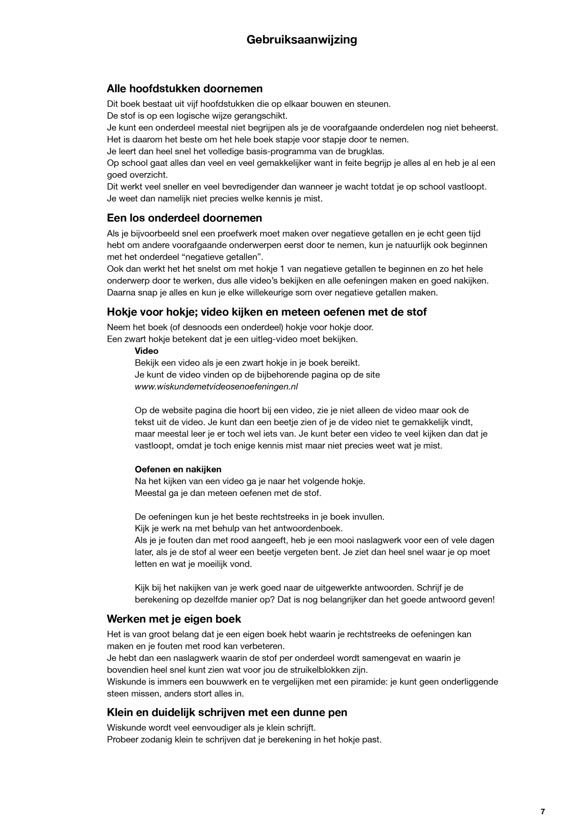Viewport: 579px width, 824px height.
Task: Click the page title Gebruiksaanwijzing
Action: point(301,40)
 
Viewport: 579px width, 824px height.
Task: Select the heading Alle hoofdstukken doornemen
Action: point(185,88)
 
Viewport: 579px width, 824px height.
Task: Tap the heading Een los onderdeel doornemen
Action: point(184,218)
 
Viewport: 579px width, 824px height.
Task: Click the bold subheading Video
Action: point(147,351)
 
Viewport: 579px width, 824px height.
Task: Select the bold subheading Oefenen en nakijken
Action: point(178,469)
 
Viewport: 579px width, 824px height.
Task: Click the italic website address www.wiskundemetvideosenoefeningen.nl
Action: point(216,387)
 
